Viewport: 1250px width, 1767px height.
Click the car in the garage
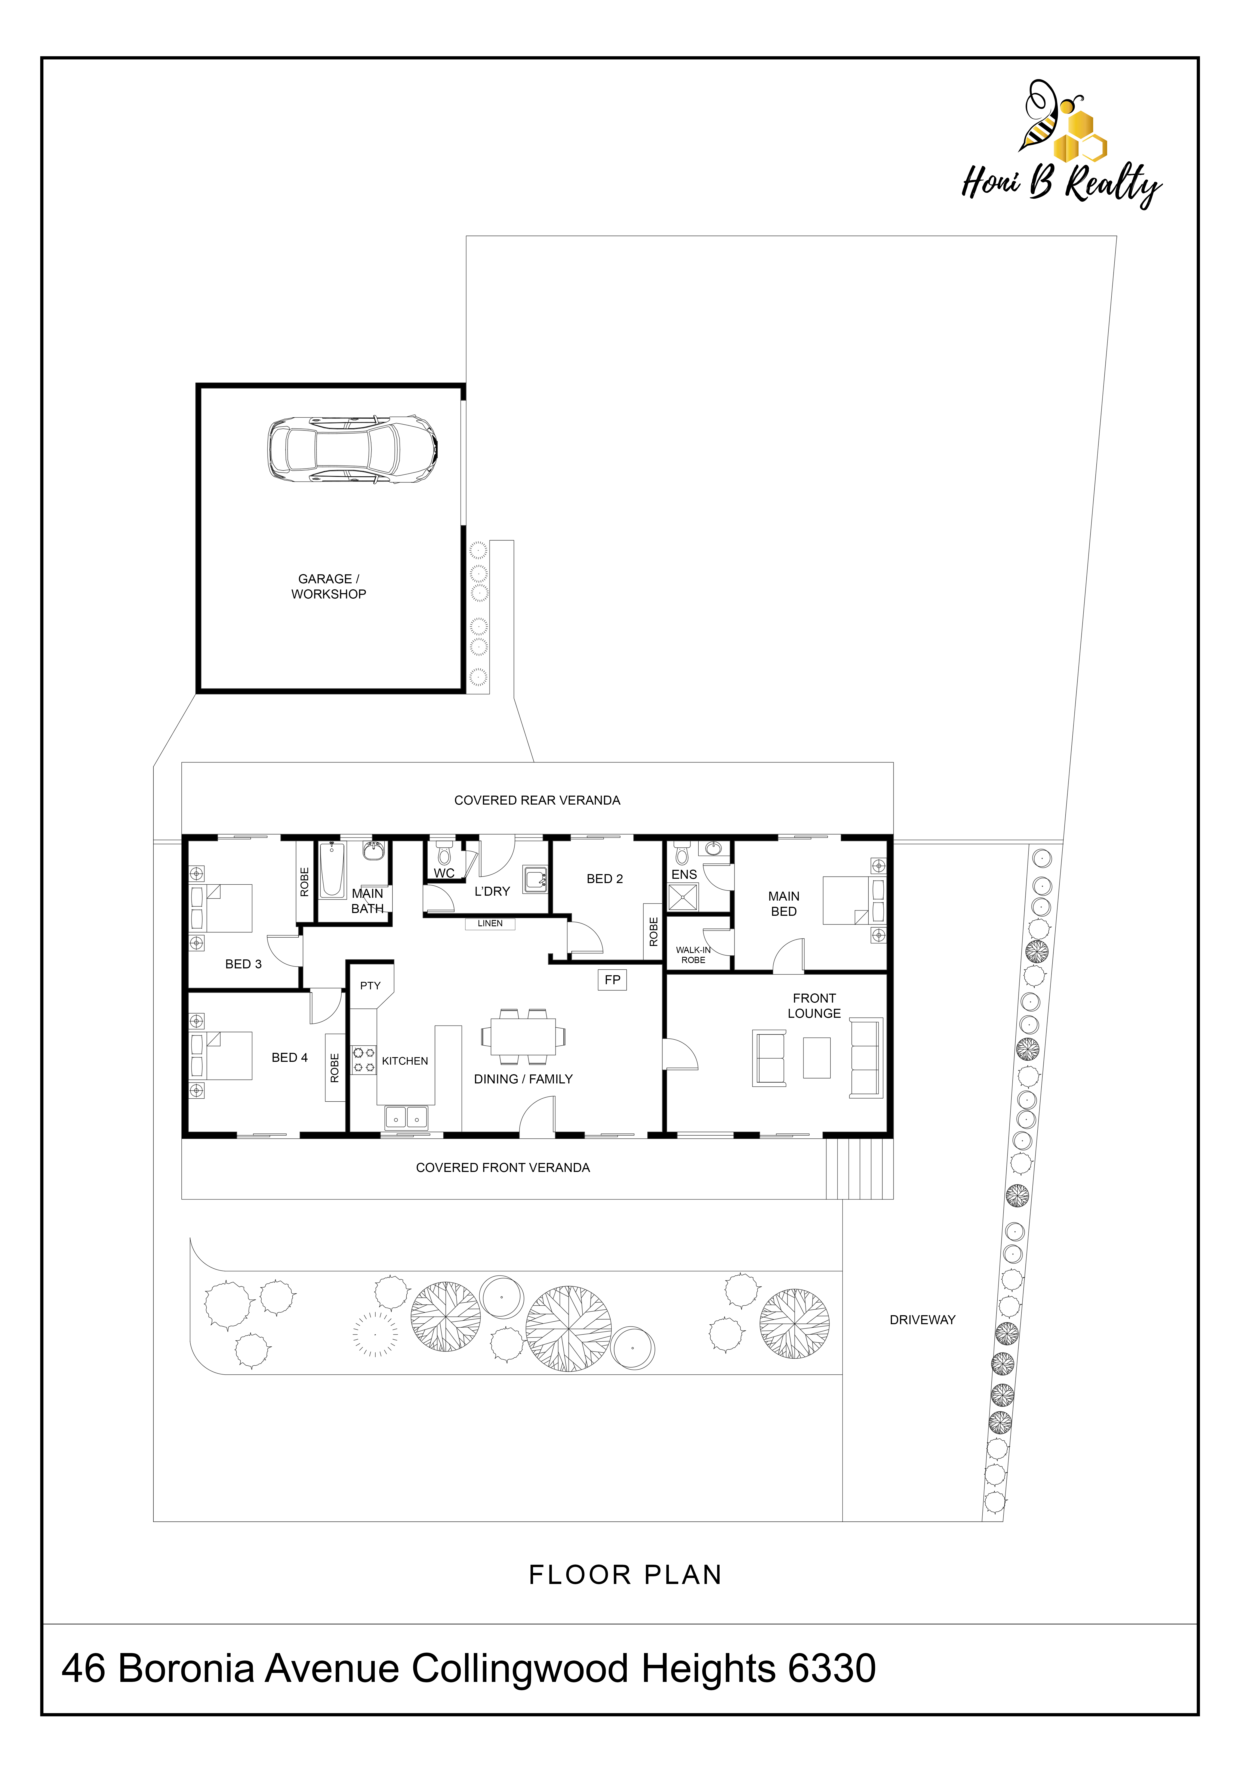coord(352,449)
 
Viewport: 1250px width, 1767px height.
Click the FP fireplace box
coord(613,980)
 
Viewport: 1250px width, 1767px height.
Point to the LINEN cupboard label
coord(490,923)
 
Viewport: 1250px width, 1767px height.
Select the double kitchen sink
coord(406,1117)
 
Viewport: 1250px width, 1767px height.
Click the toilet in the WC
coord(444,853)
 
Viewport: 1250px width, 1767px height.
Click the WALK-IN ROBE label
coord(693,955)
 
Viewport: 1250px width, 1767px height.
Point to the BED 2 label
coord(605,879)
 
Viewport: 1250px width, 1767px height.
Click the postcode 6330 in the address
coord(833,1668)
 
